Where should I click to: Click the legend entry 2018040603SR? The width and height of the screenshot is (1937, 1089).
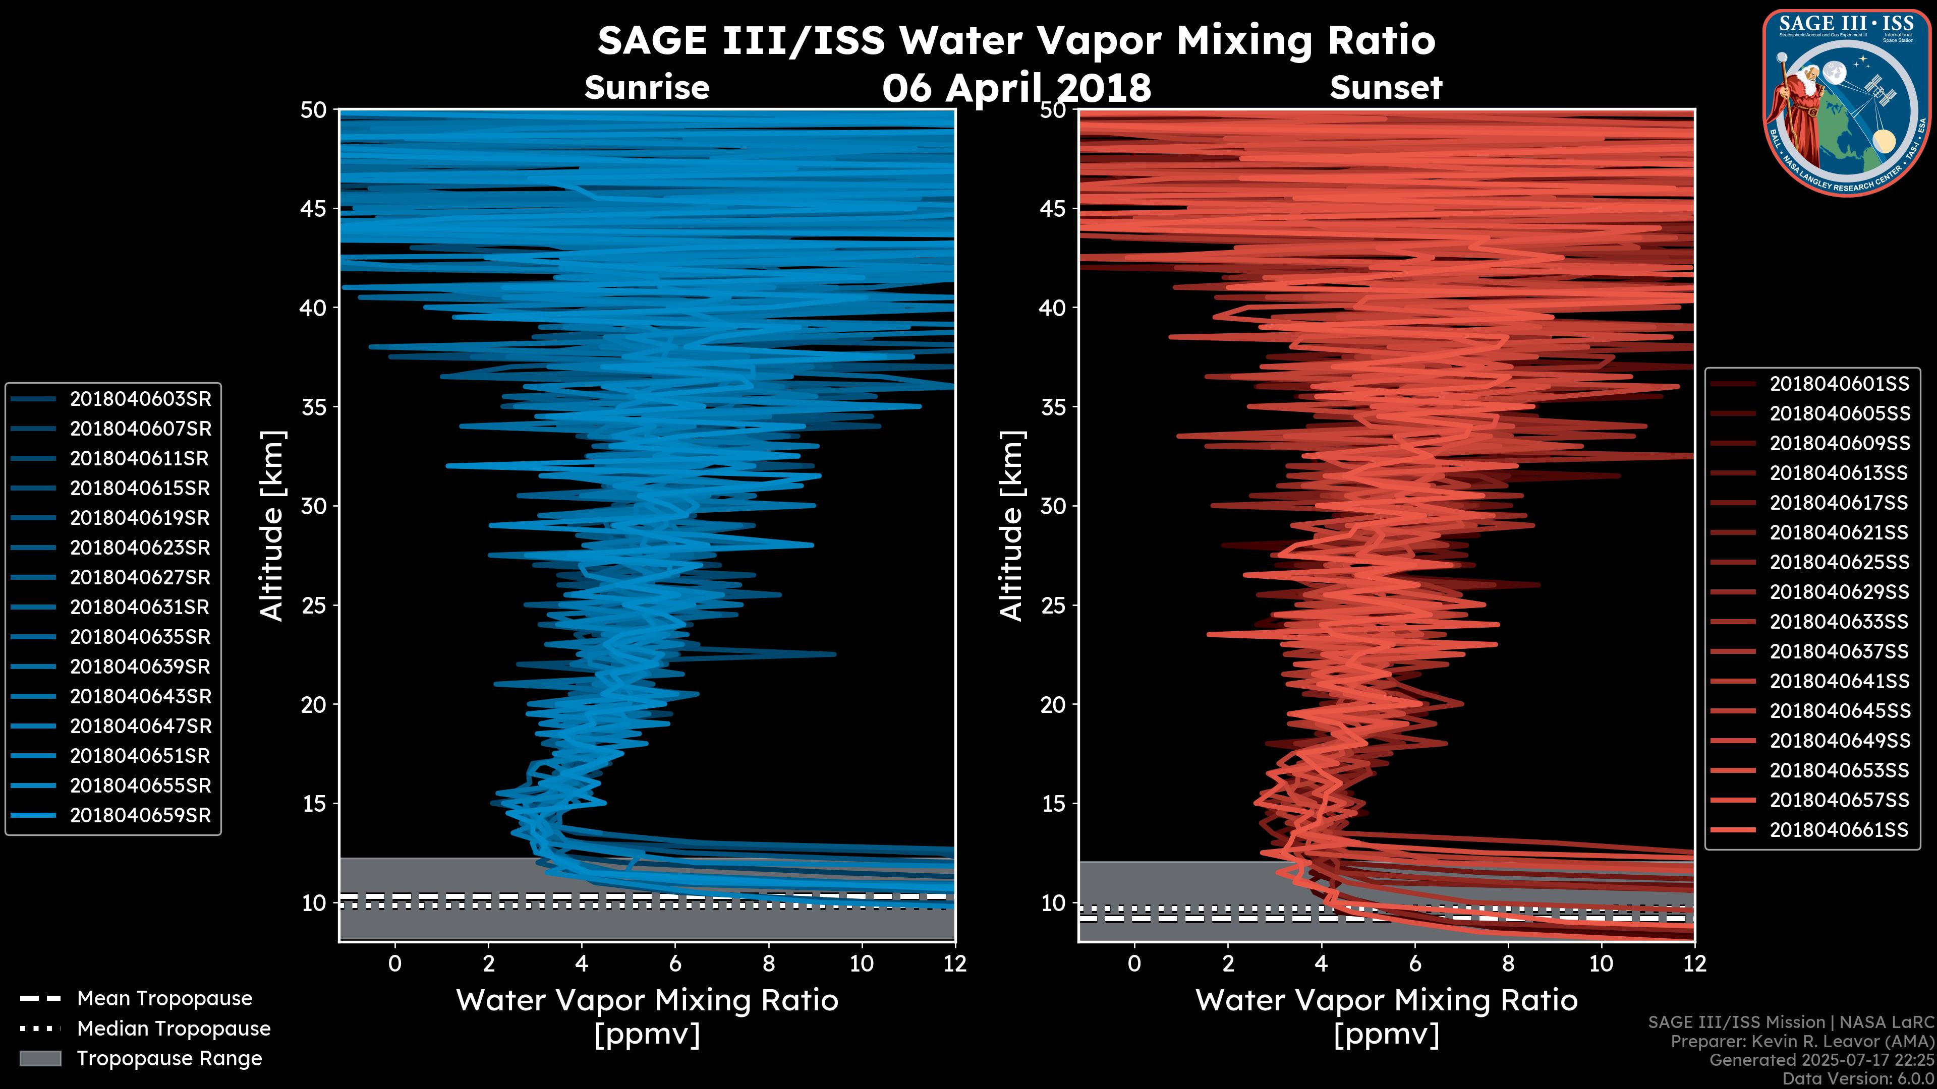point(140,399)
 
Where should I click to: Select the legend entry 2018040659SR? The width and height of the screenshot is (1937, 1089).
point(140,815)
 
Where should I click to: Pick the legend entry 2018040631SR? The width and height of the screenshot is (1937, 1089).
point(140,607)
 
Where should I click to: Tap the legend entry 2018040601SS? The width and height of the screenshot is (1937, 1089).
point(1839,384)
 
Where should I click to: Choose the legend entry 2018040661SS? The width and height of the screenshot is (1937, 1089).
point(1839,830)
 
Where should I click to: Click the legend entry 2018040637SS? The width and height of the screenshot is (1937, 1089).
point(1839,651)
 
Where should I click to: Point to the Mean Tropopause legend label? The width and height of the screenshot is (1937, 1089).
point(164,999)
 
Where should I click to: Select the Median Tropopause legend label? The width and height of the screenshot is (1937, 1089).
point(173,1029)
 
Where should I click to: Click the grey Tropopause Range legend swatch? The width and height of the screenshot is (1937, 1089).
point(40,1058)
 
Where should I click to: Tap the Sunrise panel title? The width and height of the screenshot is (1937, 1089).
point(647,88)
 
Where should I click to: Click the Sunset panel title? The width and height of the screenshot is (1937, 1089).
point(1386,88)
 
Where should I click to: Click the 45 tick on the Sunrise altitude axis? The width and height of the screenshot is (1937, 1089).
point(314,208)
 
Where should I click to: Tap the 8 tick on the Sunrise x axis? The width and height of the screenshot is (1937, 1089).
point(768,963)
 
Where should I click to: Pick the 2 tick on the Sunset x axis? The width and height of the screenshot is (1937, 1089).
point(1228,963)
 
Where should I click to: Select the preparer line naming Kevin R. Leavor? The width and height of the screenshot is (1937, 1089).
point(1802,1042)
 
